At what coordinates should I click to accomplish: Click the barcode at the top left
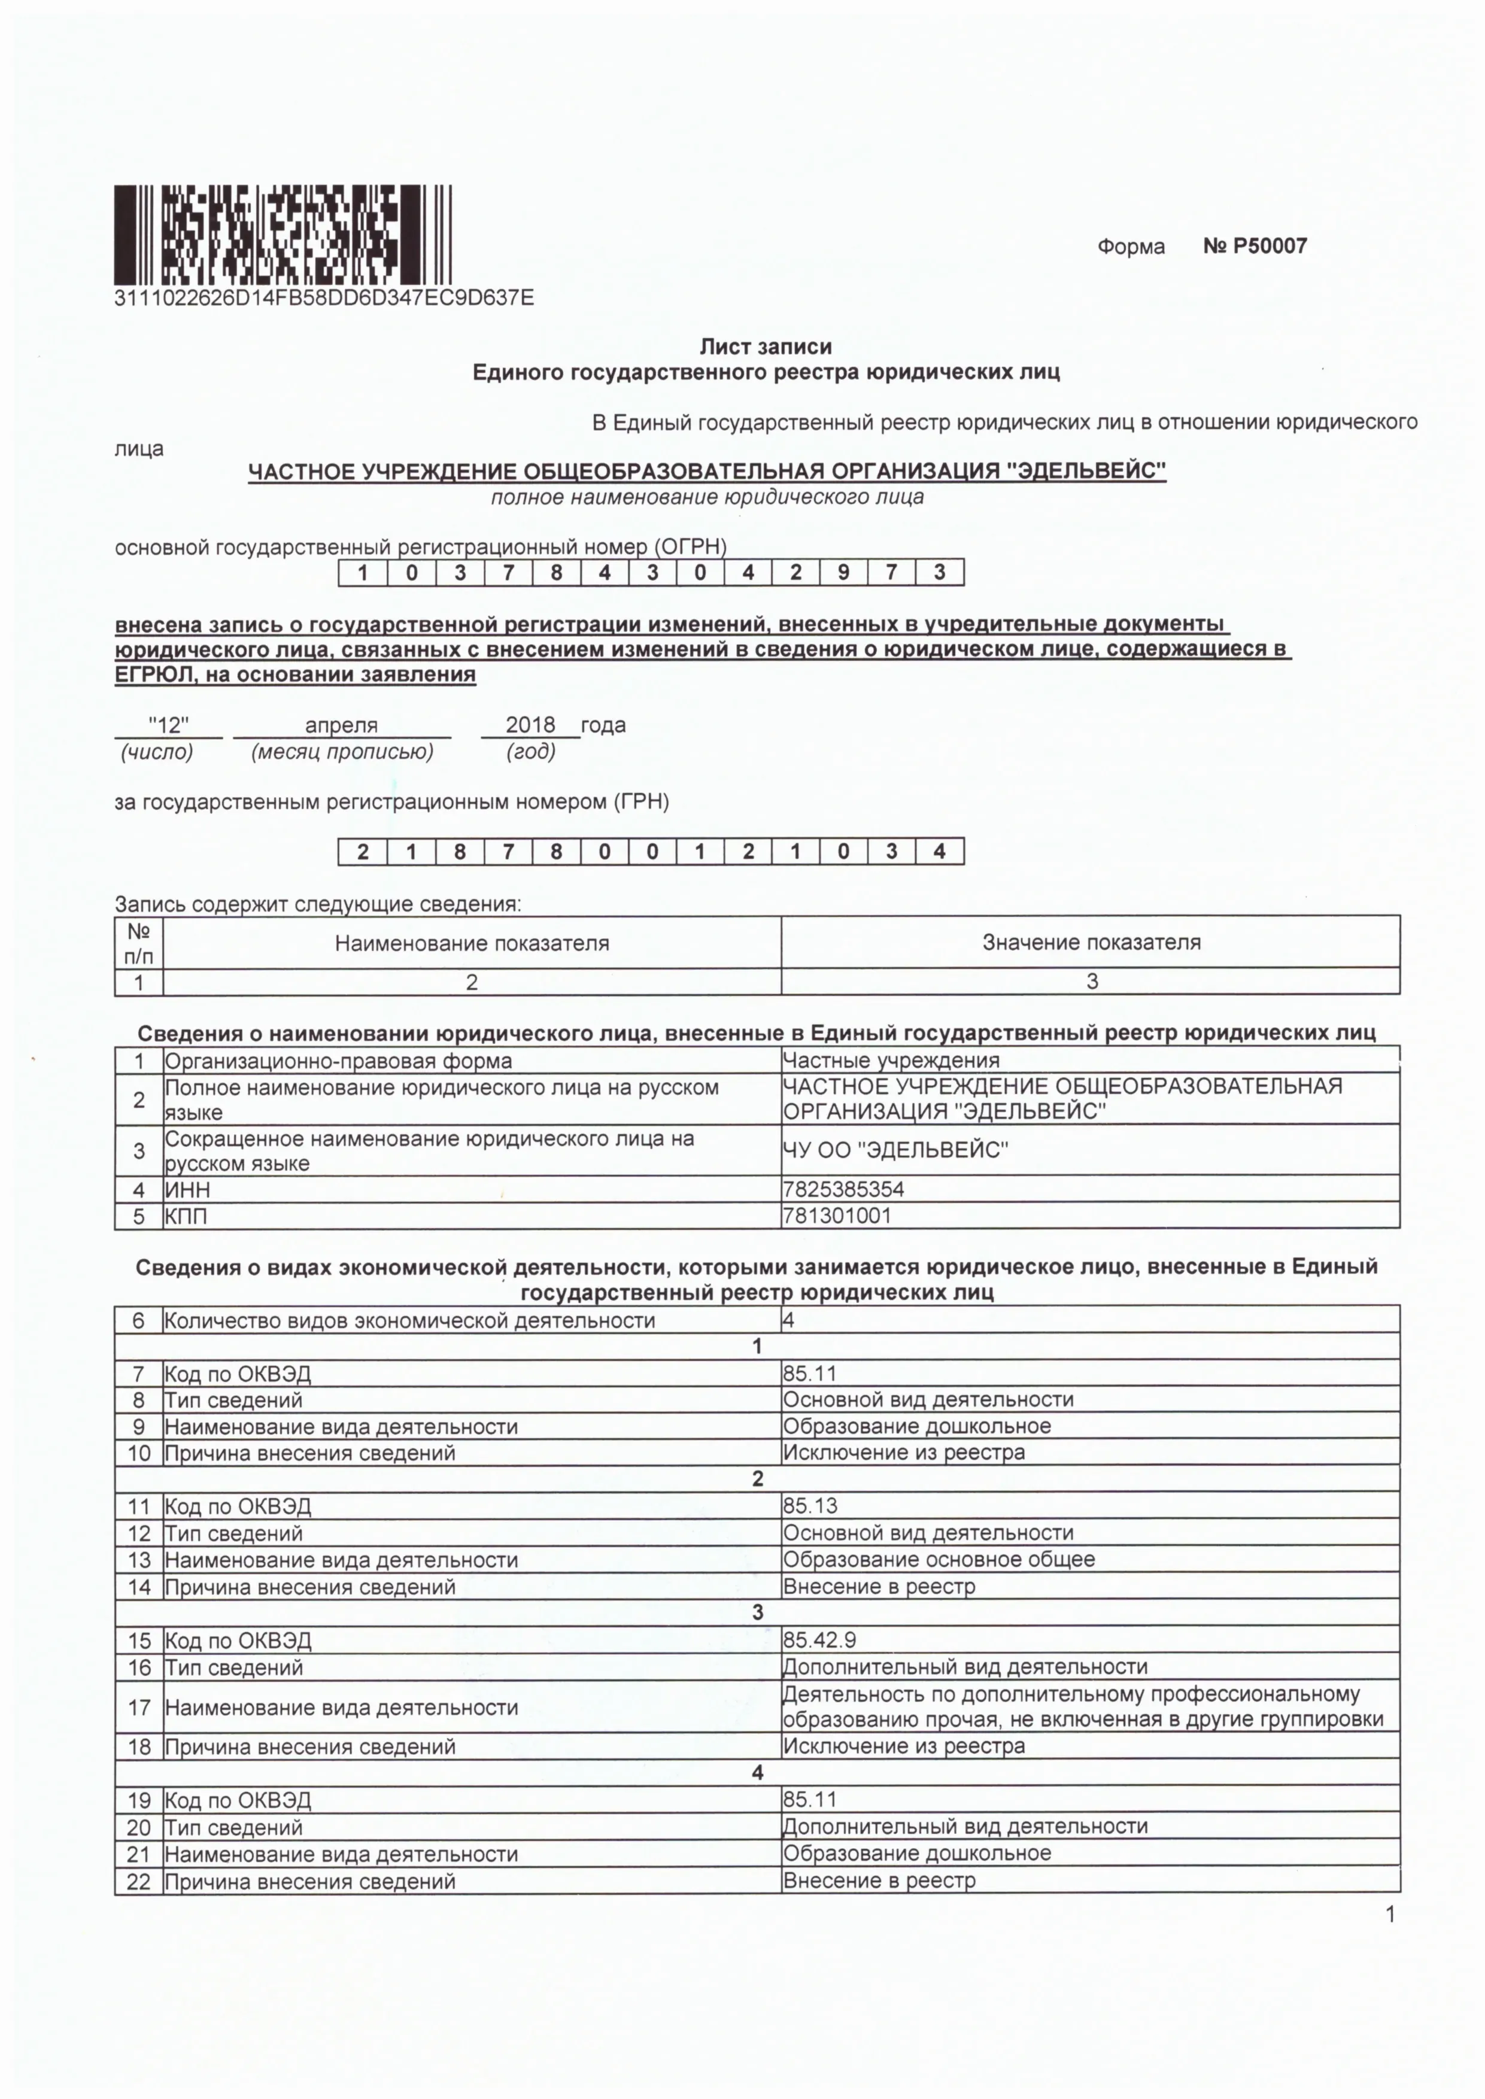pos(283,235)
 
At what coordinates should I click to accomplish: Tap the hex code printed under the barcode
pos(324,298)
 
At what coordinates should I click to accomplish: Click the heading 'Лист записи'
pos(766,347)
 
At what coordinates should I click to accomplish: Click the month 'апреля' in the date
pos(341,725)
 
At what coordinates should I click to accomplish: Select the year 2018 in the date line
pos(530,725)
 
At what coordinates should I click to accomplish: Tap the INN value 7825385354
pos(843,1189)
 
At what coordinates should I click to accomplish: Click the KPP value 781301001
pos(837,1215)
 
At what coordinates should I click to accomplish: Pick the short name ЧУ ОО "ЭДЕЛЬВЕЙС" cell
pos(895,1150)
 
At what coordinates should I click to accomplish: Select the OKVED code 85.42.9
pos(819,1639)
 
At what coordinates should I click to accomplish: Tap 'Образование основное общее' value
pos(938,1559)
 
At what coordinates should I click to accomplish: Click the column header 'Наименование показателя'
pos(472,943)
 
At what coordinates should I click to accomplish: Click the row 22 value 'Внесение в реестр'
pos(879,1881)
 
